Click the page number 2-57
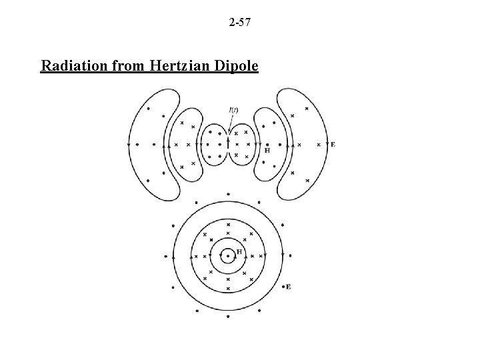[x=239, y=24]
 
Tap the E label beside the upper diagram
[x=333, y=144]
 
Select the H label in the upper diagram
[x=267, y=151]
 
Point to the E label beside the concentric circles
[x=289, y=287]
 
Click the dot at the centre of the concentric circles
[x=228, y=255]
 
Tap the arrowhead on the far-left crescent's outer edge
[x=128, y=144]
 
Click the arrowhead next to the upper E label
[x=327, y=144]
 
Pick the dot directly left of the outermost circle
[x=166, y=255]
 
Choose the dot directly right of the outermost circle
[x=291, y=255]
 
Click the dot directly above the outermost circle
[x=228, y=194]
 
